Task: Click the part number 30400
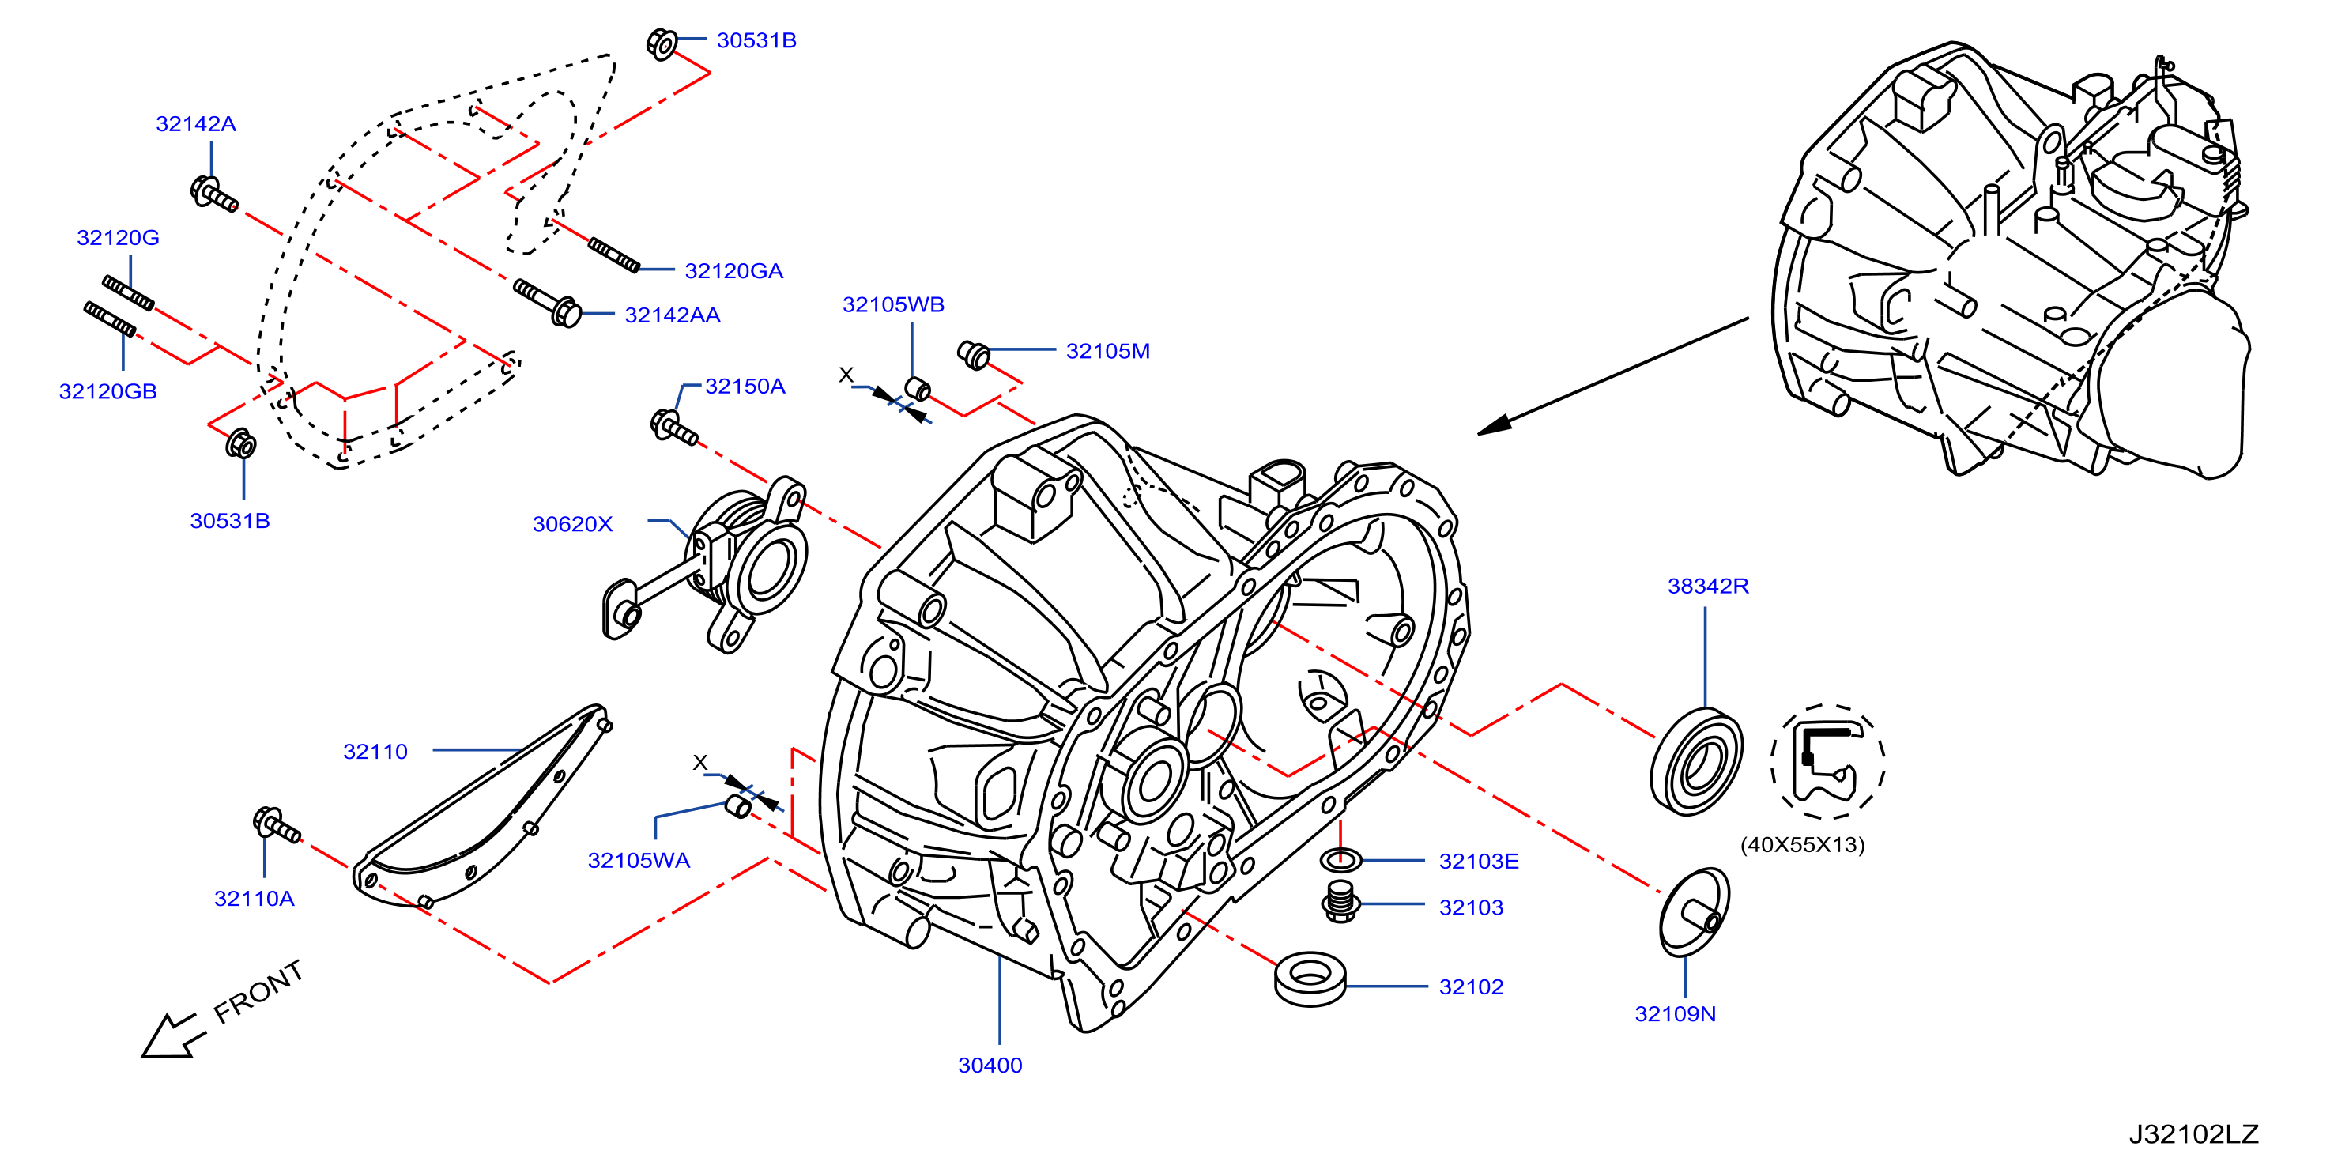click(990, 1065)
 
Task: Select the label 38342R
click(1707, 586)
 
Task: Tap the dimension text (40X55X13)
click(1802, 845)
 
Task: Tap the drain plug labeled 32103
click(1340, 901)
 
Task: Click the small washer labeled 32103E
click(1340, 859)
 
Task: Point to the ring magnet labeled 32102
click(1310, 979)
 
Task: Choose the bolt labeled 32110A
click(275, 825)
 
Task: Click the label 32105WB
click(892, 304)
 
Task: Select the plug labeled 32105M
click(974, 354)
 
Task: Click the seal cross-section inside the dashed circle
click(1826, 762)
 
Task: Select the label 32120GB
click(107, 391)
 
